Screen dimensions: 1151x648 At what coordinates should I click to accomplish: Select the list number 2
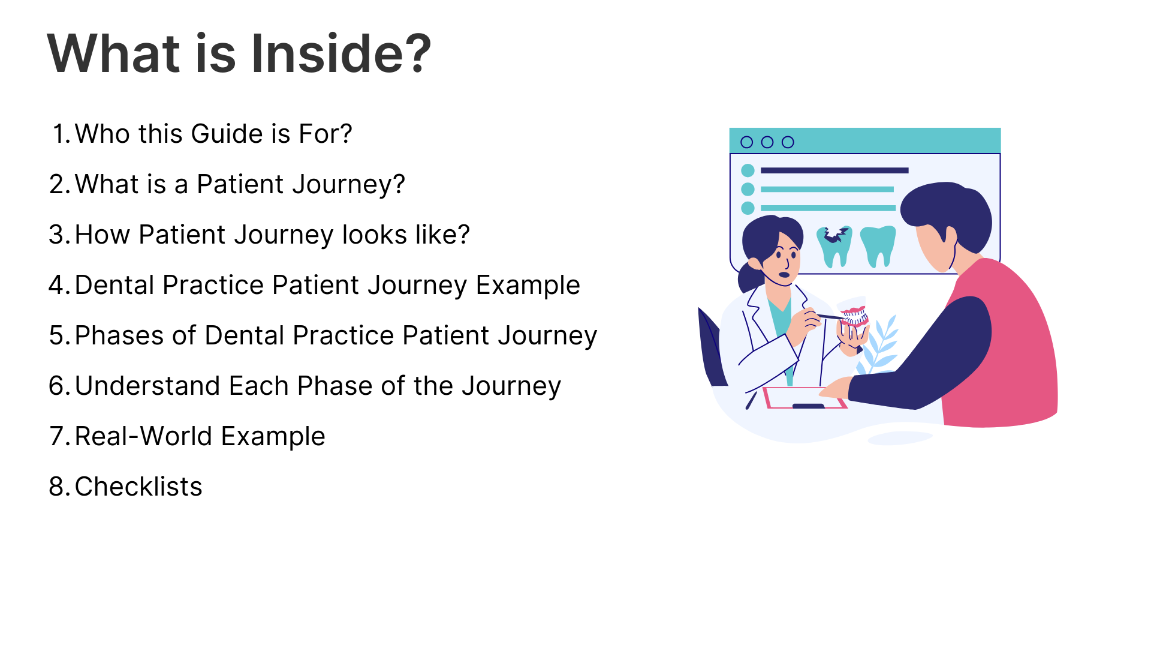coord(60,184)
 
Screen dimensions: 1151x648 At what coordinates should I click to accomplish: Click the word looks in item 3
coord(373,235)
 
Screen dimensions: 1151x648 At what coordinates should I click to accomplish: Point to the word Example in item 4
coord(528,286)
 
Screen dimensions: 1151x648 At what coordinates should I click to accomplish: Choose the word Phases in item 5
coord(119,335)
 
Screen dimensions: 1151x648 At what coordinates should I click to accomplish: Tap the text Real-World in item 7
coord(144,436)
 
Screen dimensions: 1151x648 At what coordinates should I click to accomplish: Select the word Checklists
coord(138,487)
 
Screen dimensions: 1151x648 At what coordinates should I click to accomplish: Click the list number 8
coord(60,487)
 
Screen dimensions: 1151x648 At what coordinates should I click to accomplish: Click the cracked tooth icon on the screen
coord(834,246)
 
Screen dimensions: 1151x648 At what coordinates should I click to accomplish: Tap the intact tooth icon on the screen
coord(878,246)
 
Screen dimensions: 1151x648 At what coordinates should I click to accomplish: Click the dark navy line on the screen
coord(834,170)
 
